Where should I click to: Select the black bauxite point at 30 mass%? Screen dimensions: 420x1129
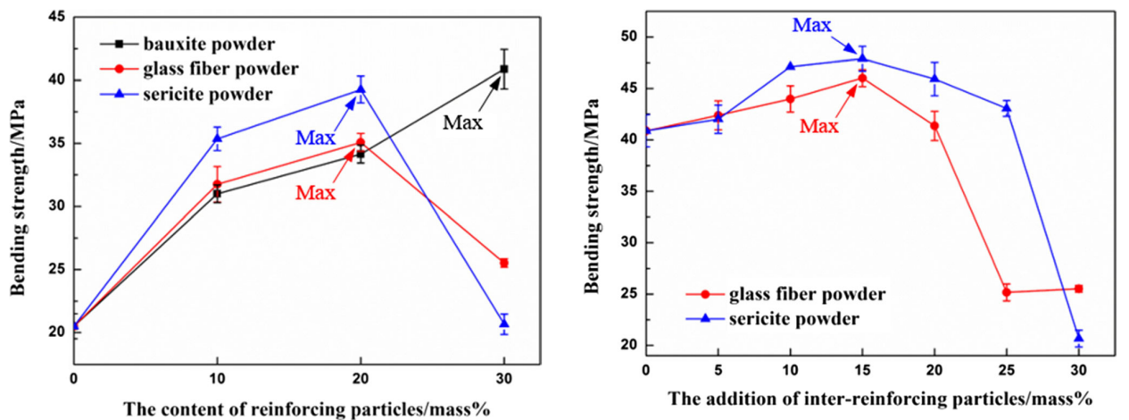pyautogui.click(x=503, y=69)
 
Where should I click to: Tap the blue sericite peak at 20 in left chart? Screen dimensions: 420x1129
pyautogui.click(x=361, y=89)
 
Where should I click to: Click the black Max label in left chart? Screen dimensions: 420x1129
pyautogui.click(x=463, y=122)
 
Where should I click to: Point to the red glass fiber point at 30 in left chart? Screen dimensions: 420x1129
pyautogui.click(x=503, y=263)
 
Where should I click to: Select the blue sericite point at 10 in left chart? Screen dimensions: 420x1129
pyautogui.click(x=217, y=139)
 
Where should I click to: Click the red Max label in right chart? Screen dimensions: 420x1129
pyautogui.click(x=818, y=126)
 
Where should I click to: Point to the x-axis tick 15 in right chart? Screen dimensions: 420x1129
pyautogui.click(x=861, y=369)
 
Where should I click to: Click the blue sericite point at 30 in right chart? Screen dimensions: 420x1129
pyautogui.click(x=1078, y=337)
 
